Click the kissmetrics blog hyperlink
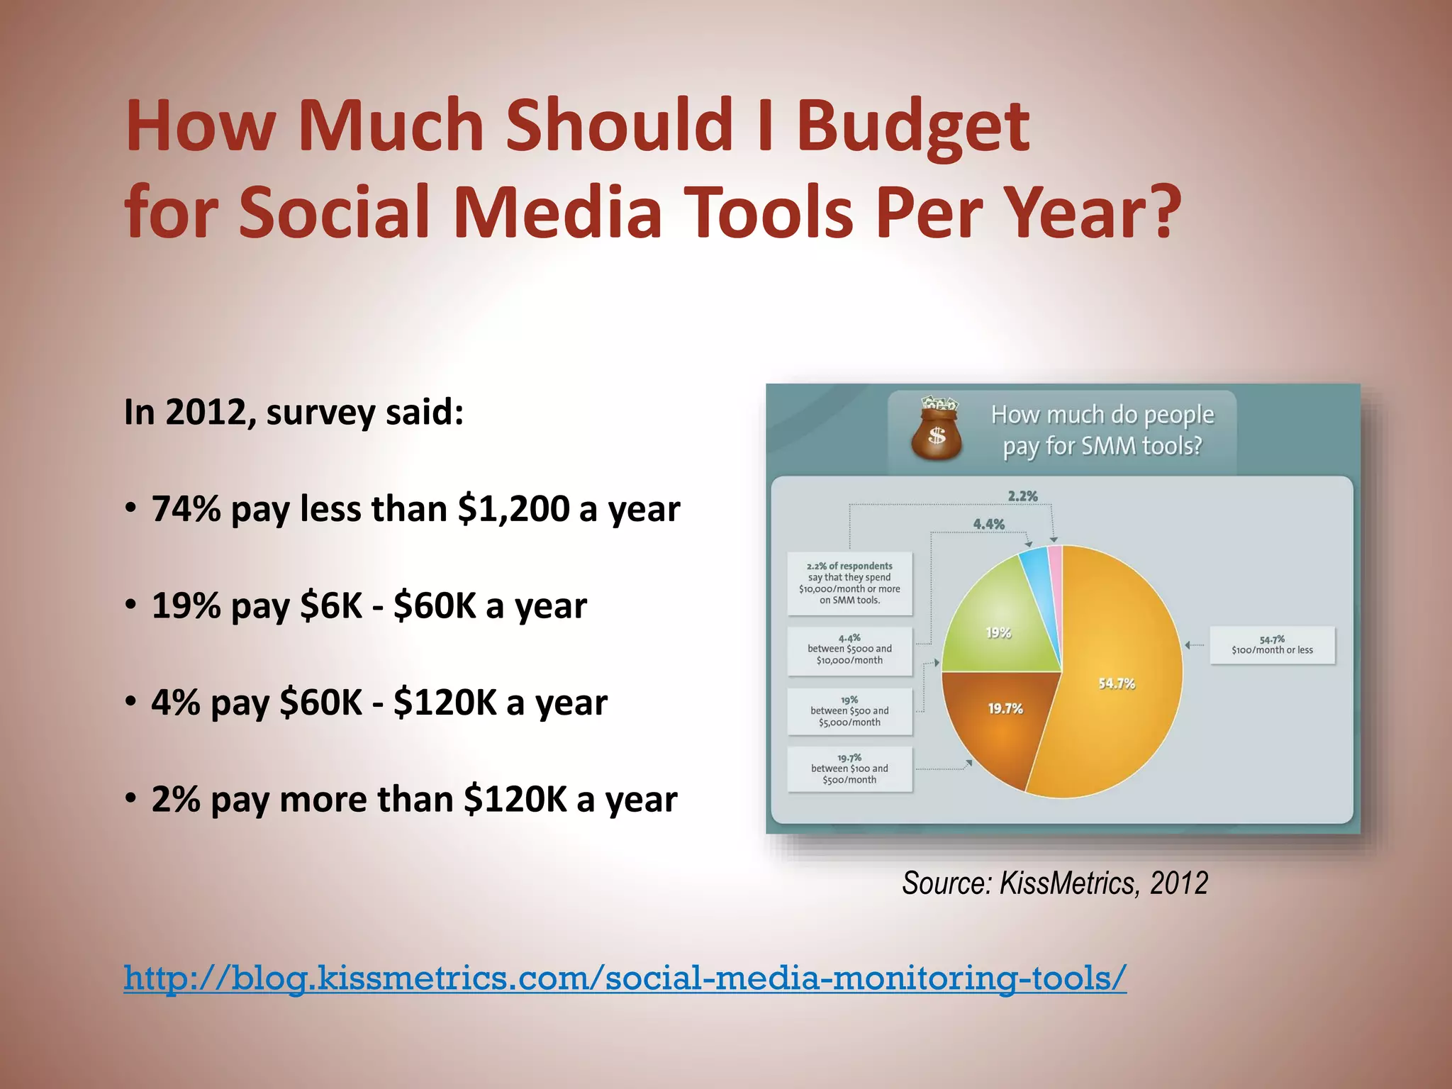tap(625, 978)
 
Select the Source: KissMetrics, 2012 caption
tap(1054, 883)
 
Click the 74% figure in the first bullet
tap(186, 509)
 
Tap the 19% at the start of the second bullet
tap(186, 606)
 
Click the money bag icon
tap(936, 430)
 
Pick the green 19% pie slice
tap(1003, 624)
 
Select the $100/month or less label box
tap(1272, 645)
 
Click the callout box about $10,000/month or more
tap(849, 583)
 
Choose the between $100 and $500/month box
tap(849, 769)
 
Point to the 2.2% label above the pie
tap(1022, 496)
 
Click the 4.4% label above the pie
tap(988, 525)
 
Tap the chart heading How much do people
tap(1102, 415)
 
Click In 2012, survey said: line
tap(294, 413)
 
